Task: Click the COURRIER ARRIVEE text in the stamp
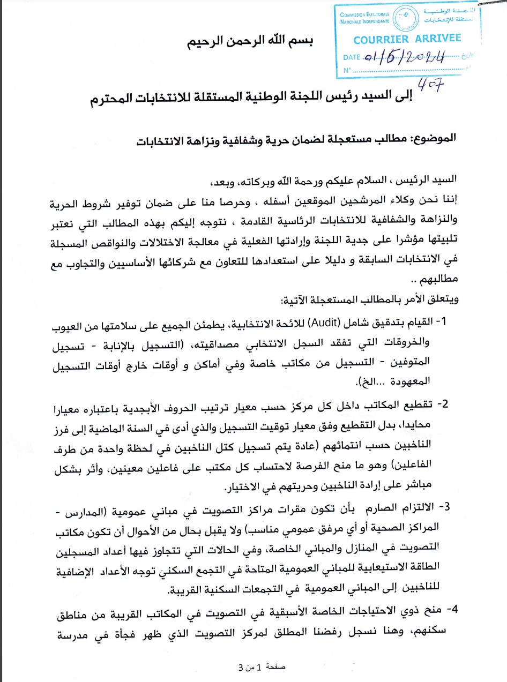[407, 39]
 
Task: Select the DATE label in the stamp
[352, 57]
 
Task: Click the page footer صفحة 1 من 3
[262, 669]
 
